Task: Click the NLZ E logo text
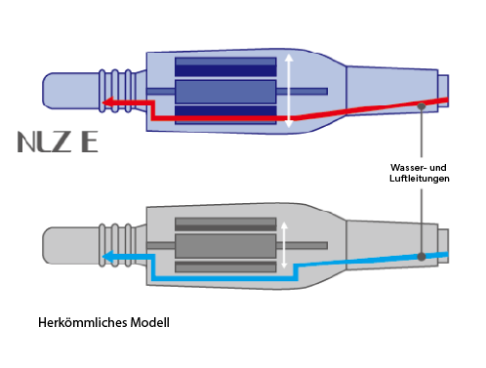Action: (58, 142)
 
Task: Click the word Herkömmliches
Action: (83, 322)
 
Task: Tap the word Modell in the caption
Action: (150, 322)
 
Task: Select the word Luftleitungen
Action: (420, 179)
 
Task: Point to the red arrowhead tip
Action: (102, 102)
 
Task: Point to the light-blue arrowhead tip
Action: (102, 257)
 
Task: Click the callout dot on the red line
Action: (422, 106)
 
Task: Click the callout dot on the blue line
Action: (422, 257)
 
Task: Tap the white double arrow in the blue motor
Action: (289, 91)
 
